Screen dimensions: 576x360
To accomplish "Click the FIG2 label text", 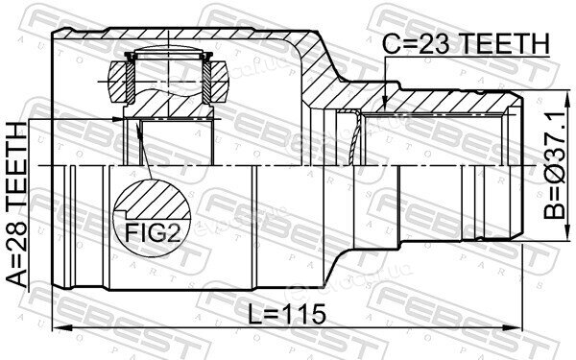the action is [153, 232].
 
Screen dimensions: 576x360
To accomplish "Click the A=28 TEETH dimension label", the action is [17, 204].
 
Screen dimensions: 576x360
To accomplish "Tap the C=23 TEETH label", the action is [466, 44].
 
